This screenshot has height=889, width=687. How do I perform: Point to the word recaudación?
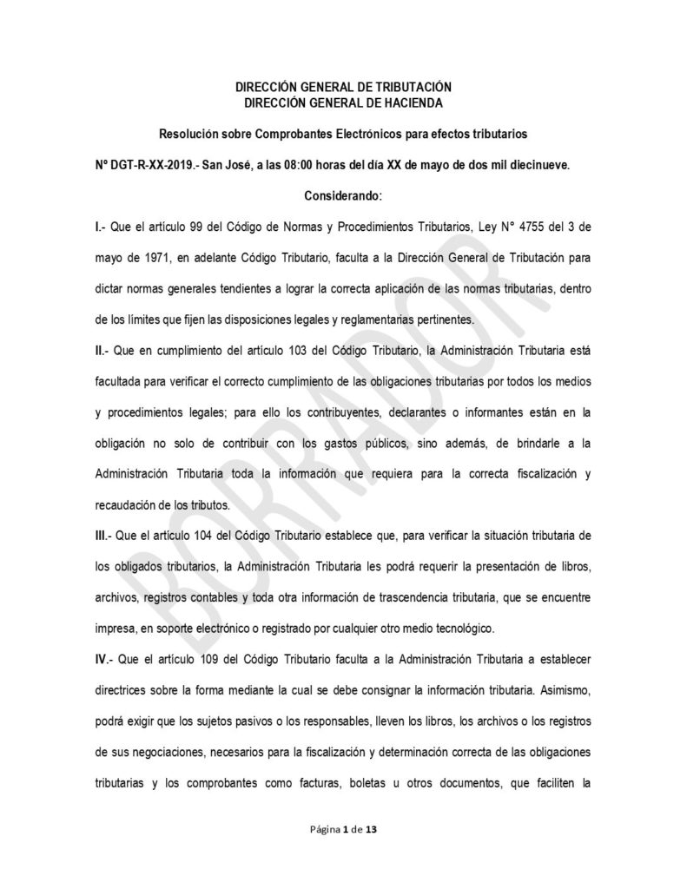point(132,501)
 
